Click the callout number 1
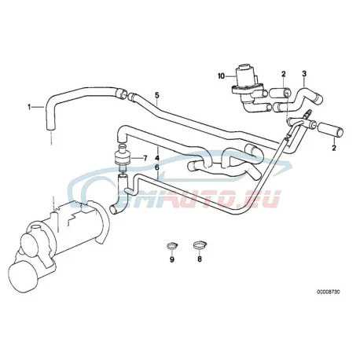pyautogui.click(x=29, y=107)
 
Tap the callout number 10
pyautogui.click(x=221, y=76)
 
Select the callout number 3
pyautogui.click(x=304, y=74)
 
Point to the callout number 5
pyautogui.click(x=157, y=95)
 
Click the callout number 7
pyautogui.click(x=145, y=158)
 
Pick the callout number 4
pyautogui.click(x=157, y=158)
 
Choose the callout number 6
pyautogui.click(x=157, y=167)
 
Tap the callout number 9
pyautogui.click(x=172, y=259)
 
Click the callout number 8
pyautogui.click(x=200, y=259)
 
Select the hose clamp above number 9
pyautogui.click(x=172, y=246)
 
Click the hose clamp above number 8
pyautogui.click(x=200, y=245)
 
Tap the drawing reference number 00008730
pyautogui.click(x=329, y=292)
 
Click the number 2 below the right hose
pyautogui.click(x=334, y=148)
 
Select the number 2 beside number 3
pyautogui.click(x=284, y=74)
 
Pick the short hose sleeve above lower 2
pyautogui.click(x=330, y=130)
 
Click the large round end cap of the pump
pyautogui.click(x=23, y=277)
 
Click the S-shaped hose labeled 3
pyautogui.click(x=298, y=101)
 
